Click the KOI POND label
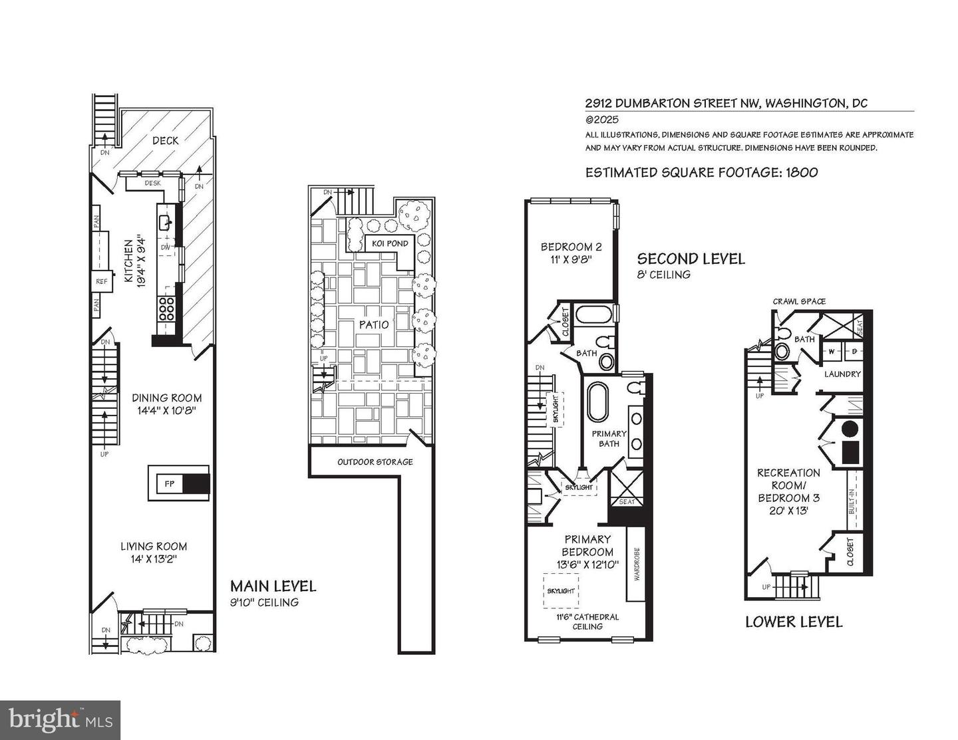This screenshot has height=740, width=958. [390, 243]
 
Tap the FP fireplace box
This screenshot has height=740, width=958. [170, 483]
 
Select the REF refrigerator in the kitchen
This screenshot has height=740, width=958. [101, 281]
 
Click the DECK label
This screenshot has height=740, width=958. [165, 140]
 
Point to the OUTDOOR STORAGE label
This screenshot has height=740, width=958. [375, 462]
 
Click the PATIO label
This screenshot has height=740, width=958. [374, 324]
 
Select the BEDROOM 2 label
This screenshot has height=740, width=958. [566, 246]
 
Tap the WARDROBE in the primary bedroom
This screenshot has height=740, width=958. [636, 564]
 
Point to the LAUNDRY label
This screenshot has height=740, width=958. [842, 374]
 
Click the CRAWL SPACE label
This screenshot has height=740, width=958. [799, 301]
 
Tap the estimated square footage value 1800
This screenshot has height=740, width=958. [802, 172]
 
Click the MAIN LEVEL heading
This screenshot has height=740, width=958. [273, 586]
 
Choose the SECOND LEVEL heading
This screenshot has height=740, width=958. [691, 259]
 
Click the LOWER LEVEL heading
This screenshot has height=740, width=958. [794, 622]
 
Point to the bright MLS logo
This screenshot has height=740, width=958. [61, 720]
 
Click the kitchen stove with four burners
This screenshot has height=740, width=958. [166, 310]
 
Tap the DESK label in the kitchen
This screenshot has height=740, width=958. [152, 183]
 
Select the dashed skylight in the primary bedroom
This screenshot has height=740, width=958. [561, 590]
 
